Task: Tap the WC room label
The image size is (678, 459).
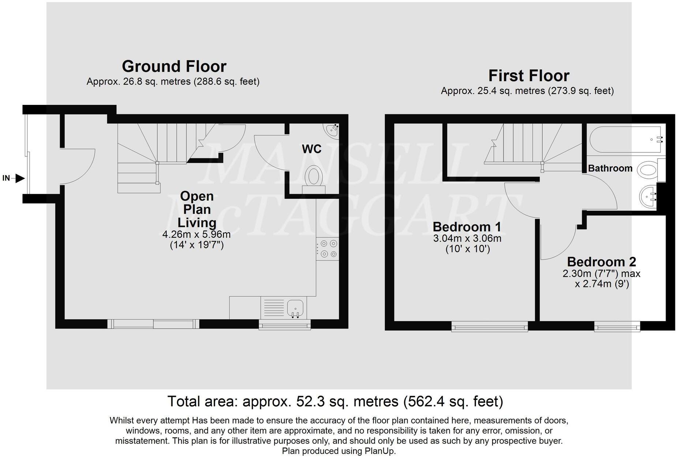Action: [311, 149]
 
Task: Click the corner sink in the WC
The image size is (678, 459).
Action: [332, 129]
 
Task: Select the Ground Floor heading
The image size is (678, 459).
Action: [174, 67]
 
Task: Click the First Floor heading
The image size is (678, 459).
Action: [528, 76]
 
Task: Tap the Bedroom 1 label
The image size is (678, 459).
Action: [467, 227]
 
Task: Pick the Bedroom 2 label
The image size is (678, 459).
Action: [601, 262]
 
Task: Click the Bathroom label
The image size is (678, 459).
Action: [610, 168]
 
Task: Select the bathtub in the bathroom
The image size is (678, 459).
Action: [626, 139]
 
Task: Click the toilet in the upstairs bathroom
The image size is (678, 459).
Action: [649, 170]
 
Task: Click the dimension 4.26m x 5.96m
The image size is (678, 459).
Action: [196, 234]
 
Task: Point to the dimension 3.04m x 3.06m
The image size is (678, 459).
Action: [467, 239]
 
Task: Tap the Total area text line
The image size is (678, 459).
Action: [335, 401]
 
